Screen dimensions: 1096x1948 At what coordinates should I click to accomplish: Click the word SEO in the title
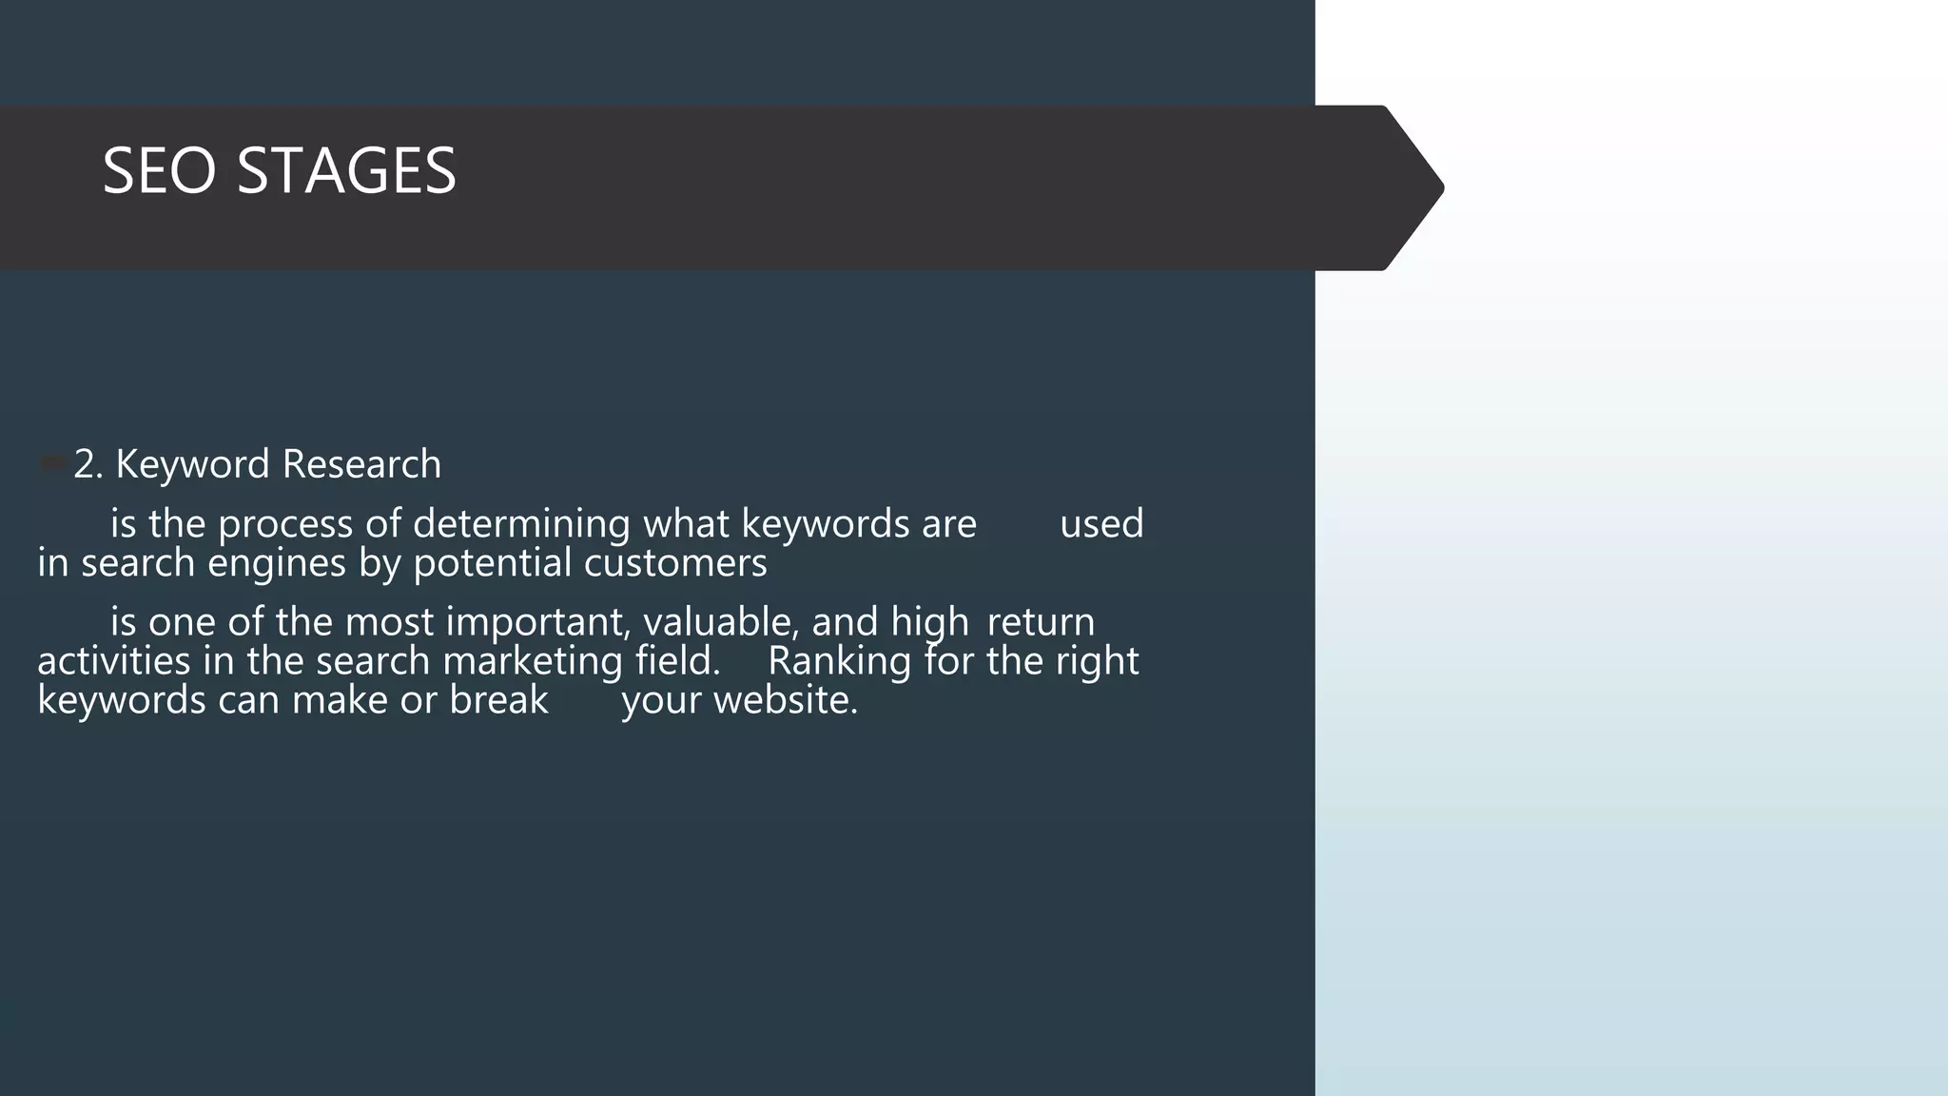coord(159,171)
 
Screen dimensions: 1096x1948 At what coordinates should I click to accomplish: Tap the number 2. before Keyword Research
coord(88,464)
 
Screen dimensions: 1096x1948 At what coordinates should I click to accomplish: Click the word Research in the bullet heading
coord(361,464)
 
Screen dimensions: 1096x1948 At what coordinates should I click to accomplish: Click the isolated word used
coord(1101,524)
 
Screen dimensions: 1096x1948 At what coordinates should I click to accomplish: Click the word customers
coord(675,563)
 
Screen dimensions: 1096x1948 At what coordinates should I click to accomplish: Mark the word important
coord(537,622)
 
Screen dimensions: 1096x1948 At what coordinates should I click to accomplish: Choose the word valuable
coord(721,622)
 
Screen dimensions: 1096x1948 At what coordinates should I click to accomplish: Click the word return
coord(1041,622)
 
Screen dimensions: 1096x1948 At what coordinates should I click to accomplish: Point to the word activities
coord(114,661)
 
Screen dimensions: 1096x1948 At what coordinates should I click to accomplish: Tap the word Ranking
coord(839,661)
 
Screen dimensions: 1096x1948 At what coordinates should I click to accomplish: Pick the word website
coord(786,700)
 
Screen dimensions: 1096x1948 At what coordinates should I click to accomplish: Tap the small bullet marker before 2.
coord(51,464)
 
